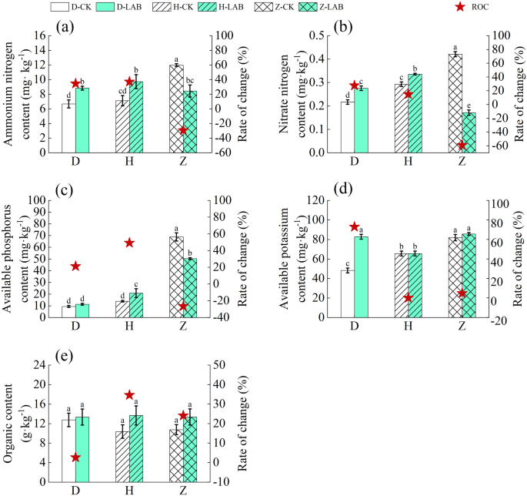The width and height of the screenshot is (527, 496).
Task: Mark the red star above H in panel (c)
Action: click(129, 243)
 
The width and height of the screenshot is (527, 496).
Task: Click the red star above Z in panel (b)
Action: click(462, 146)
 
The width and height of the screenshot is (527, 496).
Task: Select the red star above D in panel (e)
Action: click(75, 457)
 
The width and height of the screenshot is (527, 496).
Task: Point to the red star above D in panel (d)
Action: click(355, 226)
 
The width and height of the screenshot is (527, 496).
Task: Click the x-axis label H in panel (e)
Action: click(129, 491)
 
